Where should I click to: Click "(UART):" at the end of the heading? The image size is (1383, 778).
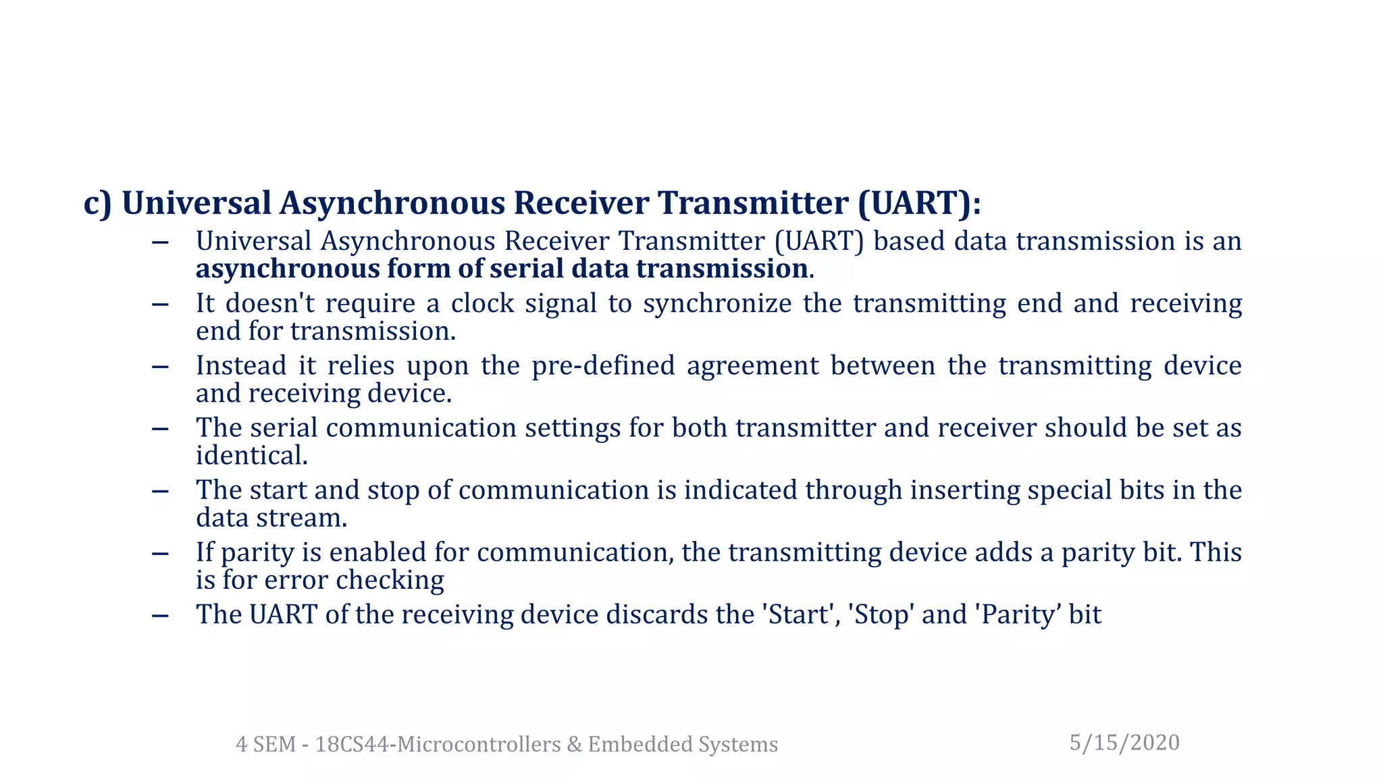point(919,203)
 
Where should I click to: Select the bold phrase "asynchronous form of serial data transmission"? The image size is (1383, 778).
point(502,269)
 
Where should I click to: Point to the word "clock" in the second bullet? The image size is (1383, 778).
point(482,303)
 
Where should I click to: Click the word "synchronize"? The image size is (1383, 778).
point(717,303)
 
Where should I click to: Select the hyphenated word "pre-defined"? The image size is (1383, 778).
point(603,366)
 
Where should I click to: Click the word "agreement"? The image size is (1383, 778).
point(752,366)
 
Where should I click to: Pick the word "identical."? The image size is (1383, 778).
point(252,456)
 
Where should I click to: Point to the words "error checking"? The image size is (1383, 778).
point(354,580)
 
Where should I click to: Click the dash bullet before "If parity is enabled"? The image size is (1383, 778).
point(160,554)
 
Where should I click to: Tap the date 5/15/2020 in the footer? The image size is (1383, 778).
point(1124,743)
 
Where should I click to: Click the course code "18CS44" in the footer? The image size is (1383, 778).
point(352,744)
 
